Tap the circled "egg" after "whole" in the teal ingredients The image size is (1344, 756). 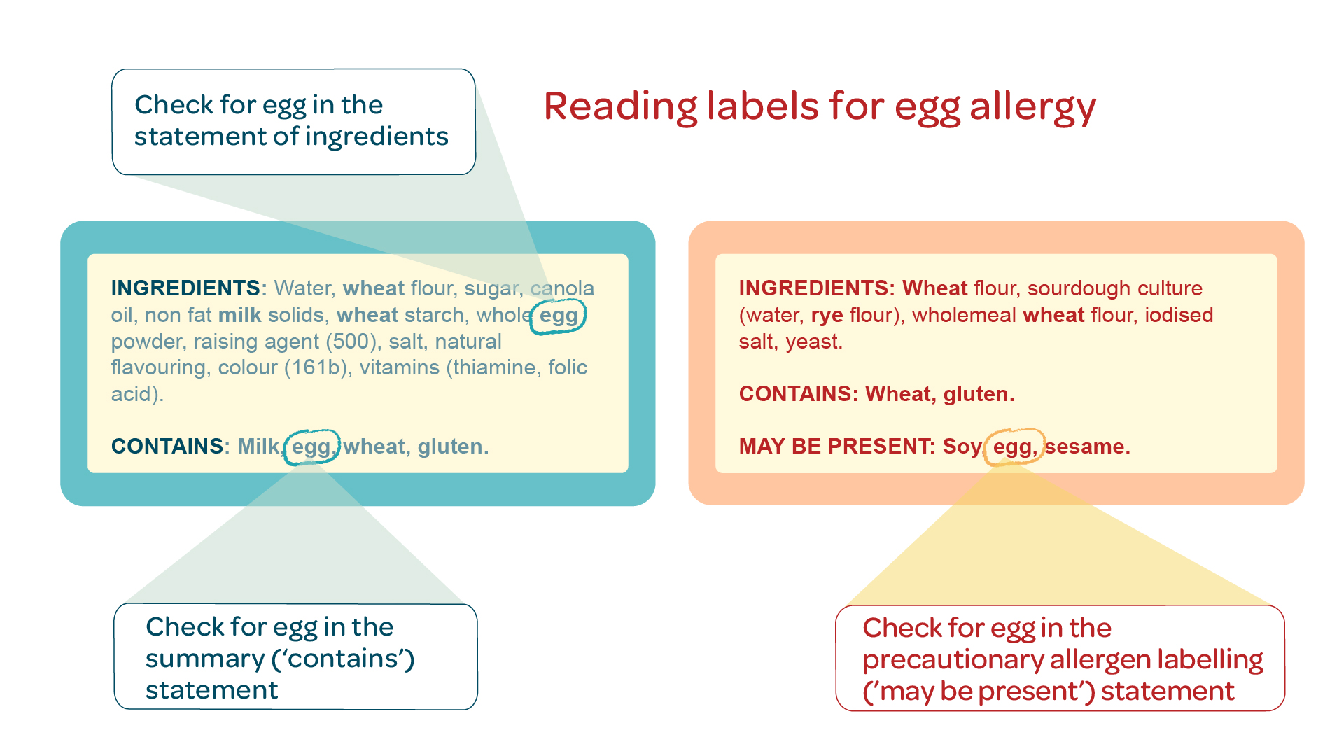(x=559, y=316)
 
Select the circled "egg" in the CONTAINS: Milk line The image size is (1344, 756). (x=311, y=447)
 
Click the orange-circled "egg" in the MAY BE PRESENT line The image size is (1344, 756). (x=1014, y=447)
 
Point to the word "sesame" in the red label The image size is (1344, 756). (x=1087, y=447)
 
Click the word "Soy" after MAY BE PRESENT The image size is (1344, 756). (x=963, y=447)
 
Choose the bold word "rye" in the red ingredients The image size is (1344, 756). (x=827, y=316)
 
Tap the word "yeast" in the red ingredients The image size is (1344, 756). (x=813, y=342)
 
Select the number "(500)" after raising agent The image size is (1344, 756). (x=352, y=342)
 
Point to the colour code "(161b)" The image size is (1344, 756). (x=316, y=368)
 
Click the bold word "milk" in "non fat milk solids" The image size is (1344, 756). (x=240, y=315)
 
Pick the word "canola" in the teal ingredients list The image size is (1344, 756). (x=562, y=289)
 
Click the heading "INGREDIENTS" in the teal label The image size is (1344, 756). (x=185, y=288)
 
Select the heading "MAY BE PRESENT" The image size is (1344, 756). (x=836, y=447)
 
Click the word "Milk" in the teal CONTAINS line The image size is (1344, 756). (x=259, y=447)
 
